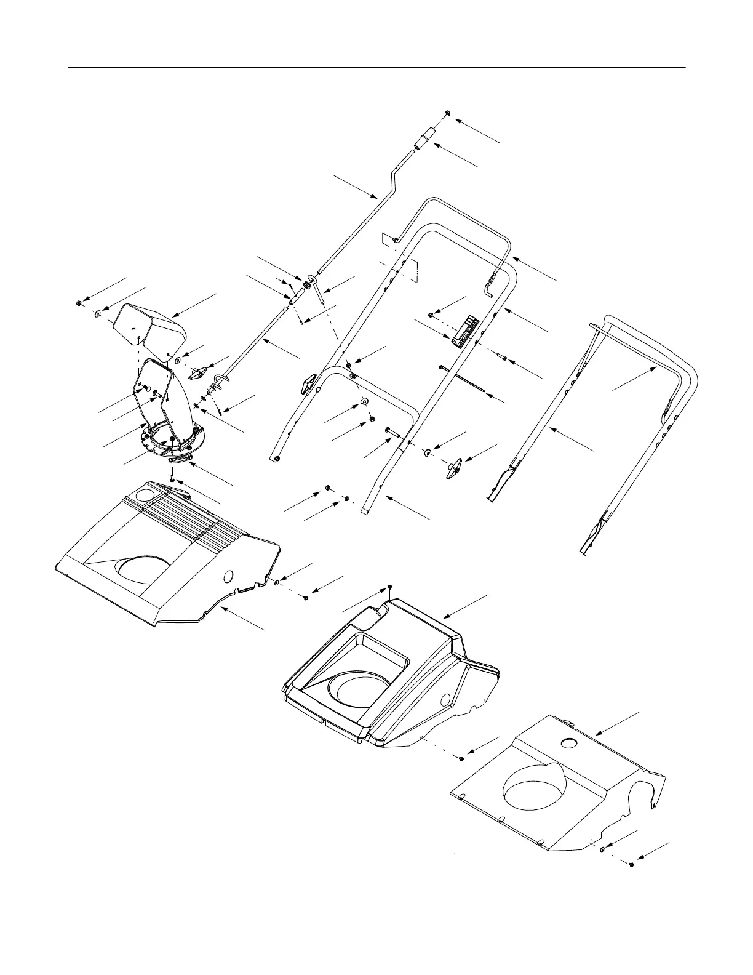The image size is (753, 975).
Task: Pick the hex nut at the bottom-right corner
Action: coord(632,865)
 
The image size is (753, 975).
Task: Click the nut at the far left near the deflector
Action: coord(80,303)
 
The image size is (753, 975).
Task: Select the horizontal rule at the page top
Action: coord(376,68)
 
